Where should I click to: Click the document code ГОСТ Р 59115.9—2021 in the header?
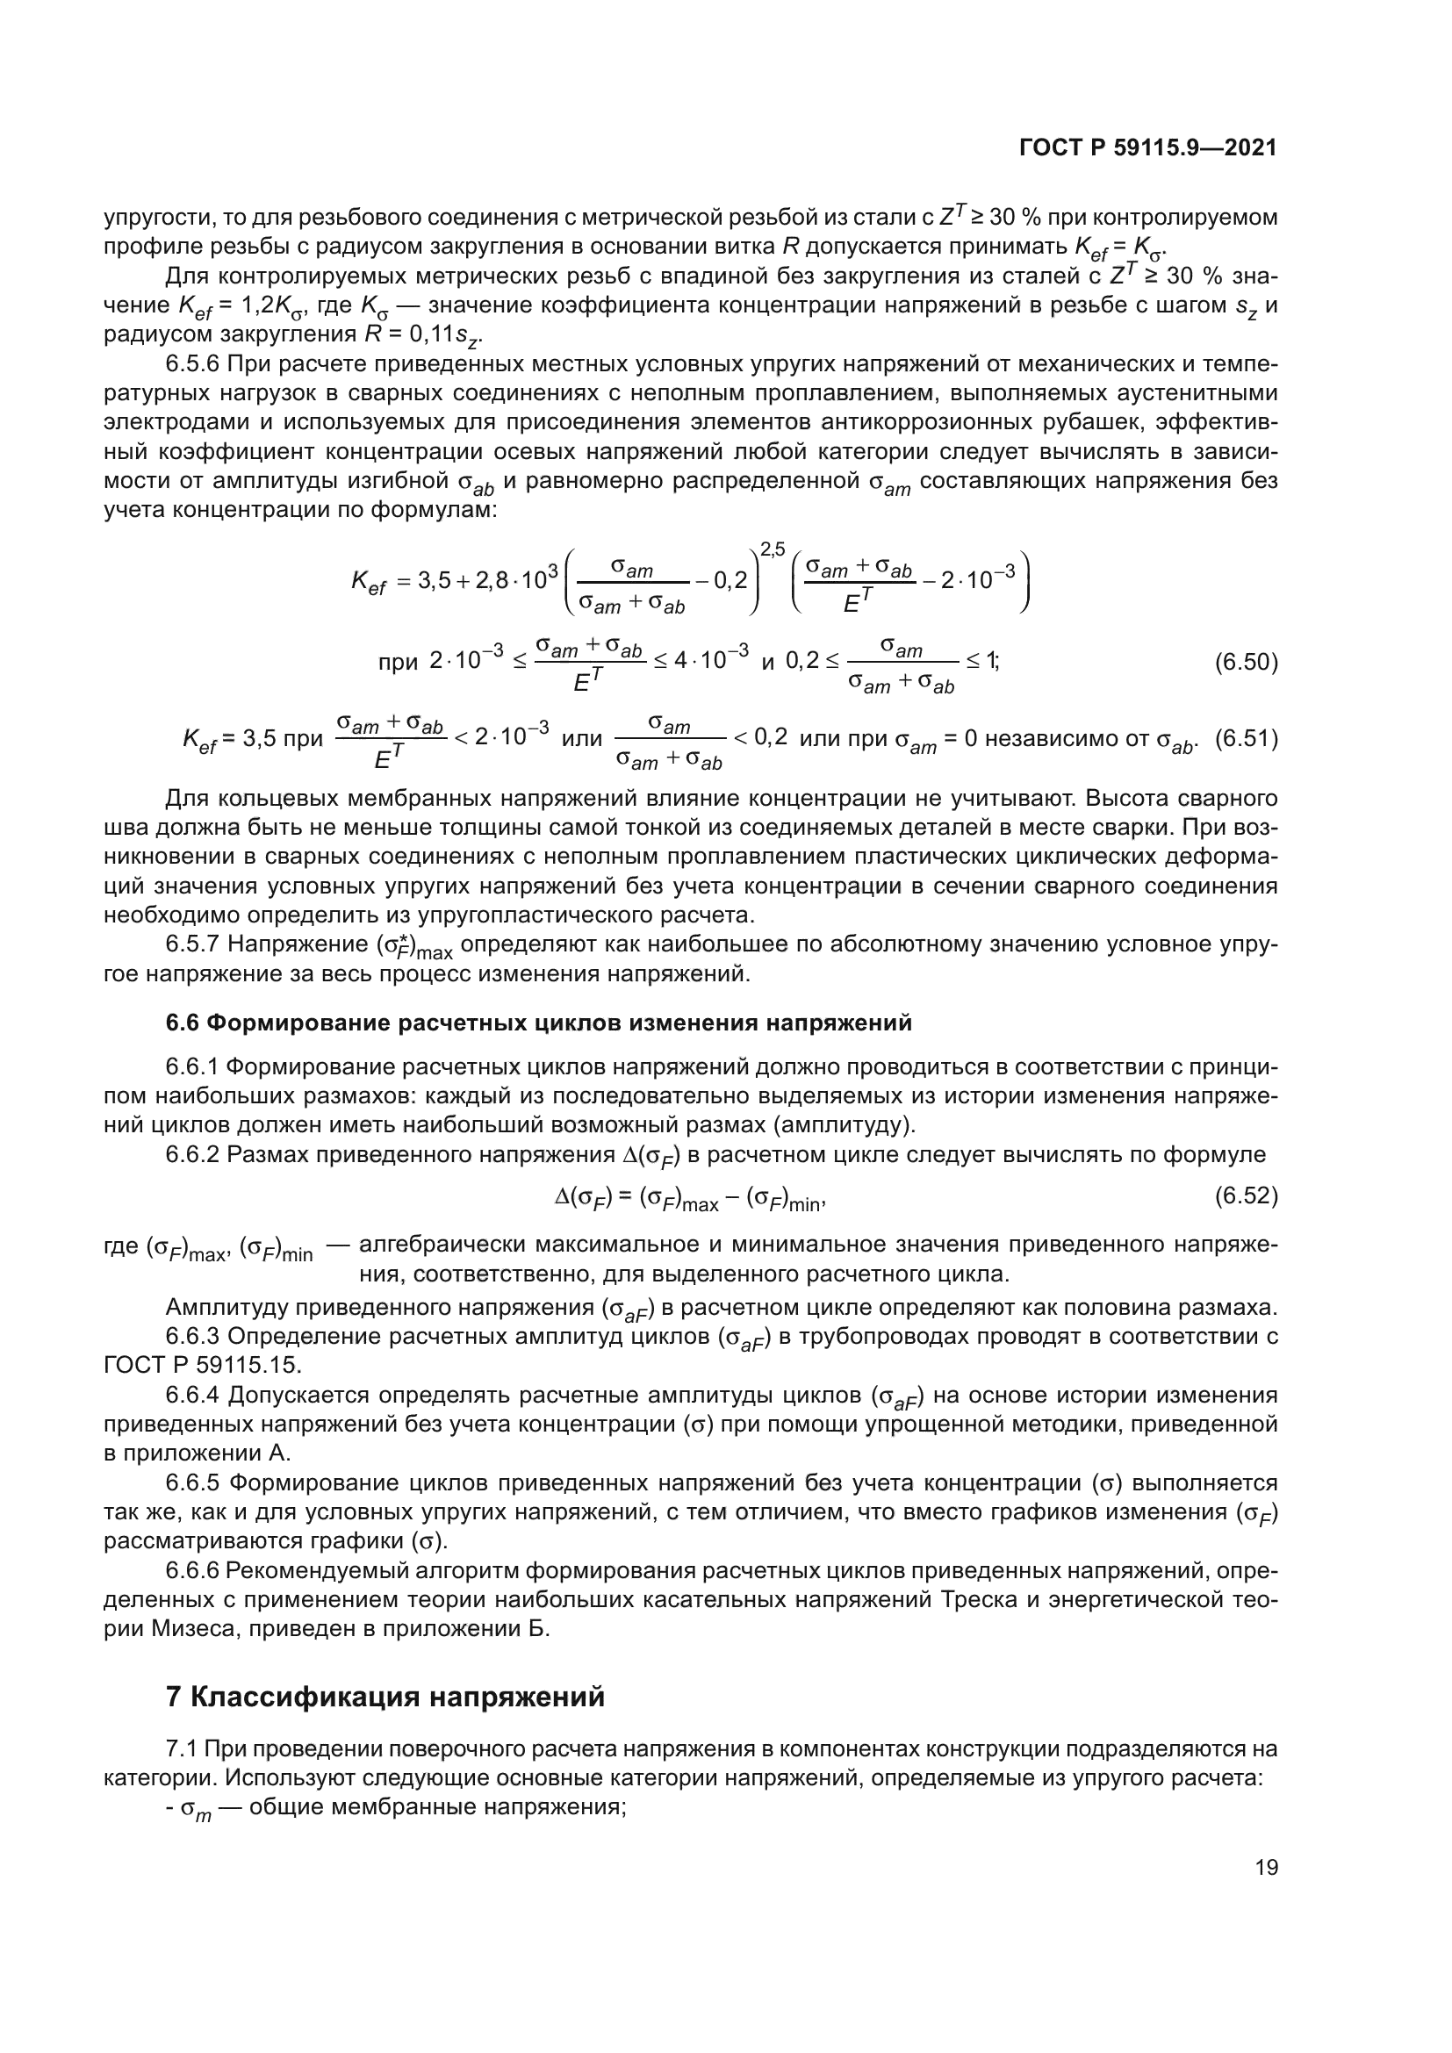point(1148,148)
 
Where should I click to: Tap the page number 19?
point(1266,1867)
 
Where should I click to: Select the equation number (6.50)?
point(1246,663)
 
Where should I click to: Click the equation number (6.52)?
point(1246,1195)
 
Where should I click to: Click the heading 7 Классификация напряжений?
point(385,1697)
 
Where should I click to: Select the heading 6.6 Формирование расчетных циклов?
point(539,1023)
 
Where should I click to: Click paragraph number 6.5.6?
point(192,365)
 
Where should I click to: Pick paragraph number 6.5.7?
point(192,944)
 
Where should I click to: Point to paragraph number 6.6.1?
point(192,1066)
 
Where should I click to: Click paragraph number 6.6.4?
point(192,1395)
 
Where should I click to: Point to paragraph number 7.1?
point(184,1748)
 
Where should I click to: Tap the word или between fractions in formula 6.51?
point(582,739)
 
